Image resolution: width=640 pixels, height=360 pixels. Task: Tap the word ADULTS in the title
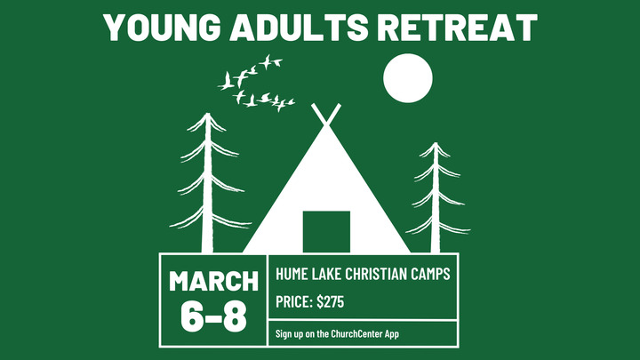(306, 27)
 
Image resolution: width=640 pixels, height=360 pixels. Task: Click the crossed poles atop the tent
(325, 114)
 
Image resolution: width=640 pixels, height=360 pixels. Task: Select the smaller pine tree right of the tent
(435, 191)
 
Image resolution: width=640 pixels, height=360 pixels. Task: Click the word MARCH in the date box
(213, 282)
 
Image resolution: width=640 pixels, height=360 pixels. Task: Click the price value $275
(330, 302)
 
